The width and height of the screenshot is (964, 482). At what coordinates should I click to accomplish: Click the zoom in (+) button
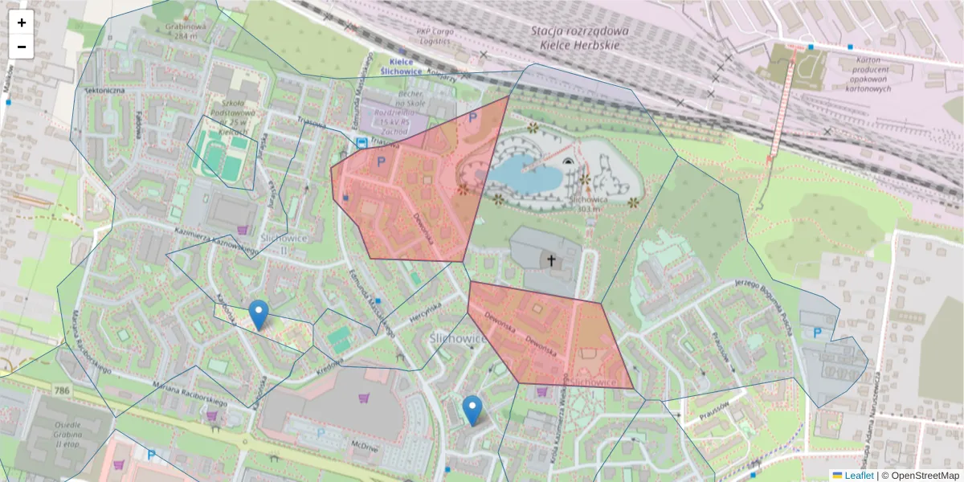22,22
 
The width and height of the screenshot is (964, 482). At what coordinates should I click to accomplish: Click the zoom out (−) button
22,47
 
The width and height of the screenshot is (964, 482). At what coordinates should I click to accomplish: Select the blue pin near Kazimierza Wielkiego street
472,411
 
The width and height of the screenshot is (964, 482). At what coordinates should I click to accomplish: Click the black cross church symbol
551,260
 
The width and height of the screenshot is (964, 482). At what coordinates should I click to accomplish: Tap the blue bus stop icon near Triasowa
362,143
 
